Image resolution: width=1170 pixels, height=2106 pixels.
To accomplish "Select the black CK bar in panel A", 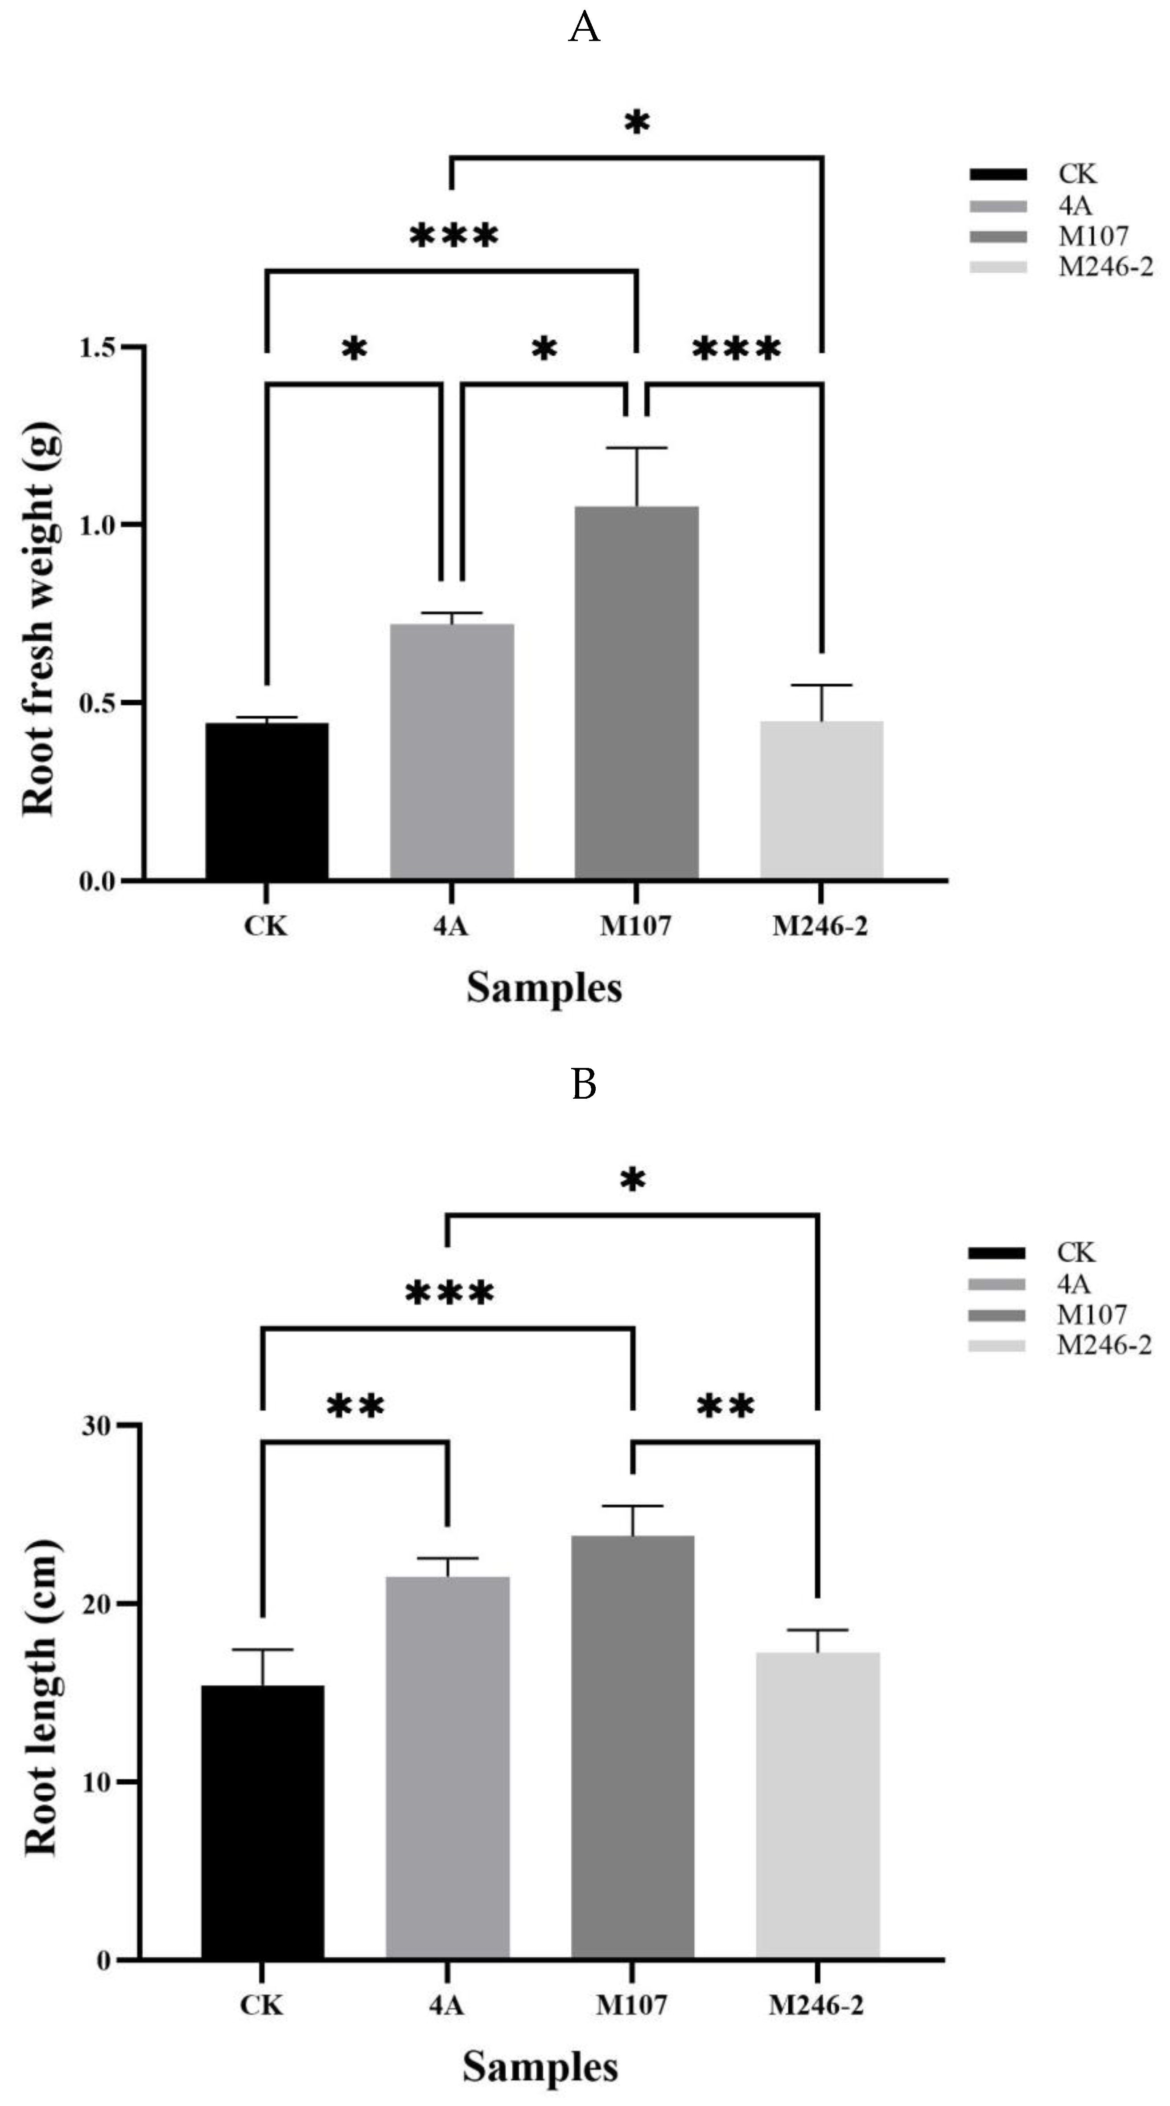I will coord(267,801).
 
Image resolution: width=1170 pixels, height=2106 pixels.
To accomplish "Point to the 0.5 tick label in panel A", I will coord(98,703).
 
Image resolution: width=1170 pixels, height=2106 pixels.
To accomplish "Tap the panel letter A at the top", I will coord(584,29).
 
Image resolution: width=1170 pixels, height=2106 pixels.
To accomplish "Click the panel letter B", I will coord(584,1085).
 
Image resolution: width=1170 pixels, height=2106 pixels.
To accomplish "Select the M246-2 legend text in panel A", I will coord(1105,267).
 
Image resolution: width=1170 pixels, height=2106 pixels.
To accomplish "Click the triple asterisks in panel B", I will coord(450,1293).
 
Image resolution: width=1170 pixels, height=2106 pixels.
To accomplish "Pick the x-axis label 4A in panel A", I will coord(450,926).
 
